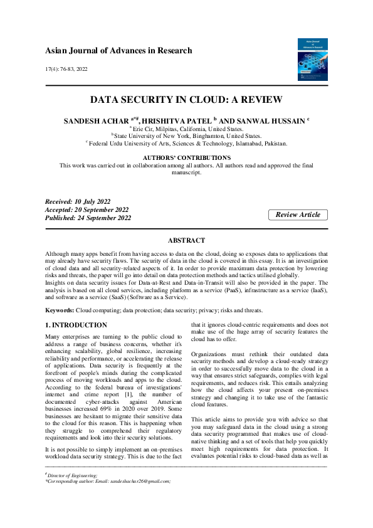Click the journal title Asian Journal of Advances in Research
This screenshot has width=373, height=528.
point(118,51)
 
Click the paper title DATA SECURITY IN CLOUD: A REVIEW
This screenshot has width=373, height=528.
point(186,100)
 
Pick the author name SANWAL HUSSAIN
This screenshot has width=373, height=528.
point(258,119)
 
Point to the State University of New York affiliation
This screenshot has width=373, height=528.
point(186,135)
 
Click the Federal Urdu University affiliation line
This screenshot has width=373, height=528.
point(186,143)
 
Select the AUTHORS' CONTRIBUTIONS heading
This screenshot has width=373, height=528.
point(186,157)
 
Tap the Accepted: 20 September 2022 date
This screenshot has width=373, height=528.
point(87,209)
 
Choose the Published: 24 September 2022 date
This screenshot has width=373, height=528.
point(88,218)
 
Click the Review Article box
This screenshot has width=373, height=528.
point(298,214)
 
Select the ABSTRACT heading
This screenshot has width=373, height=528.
point(186,240)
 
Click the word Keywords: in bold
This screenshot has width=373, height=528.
point(60,310)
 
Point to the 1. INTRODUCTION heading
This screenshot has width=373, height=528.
point(76,325)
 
